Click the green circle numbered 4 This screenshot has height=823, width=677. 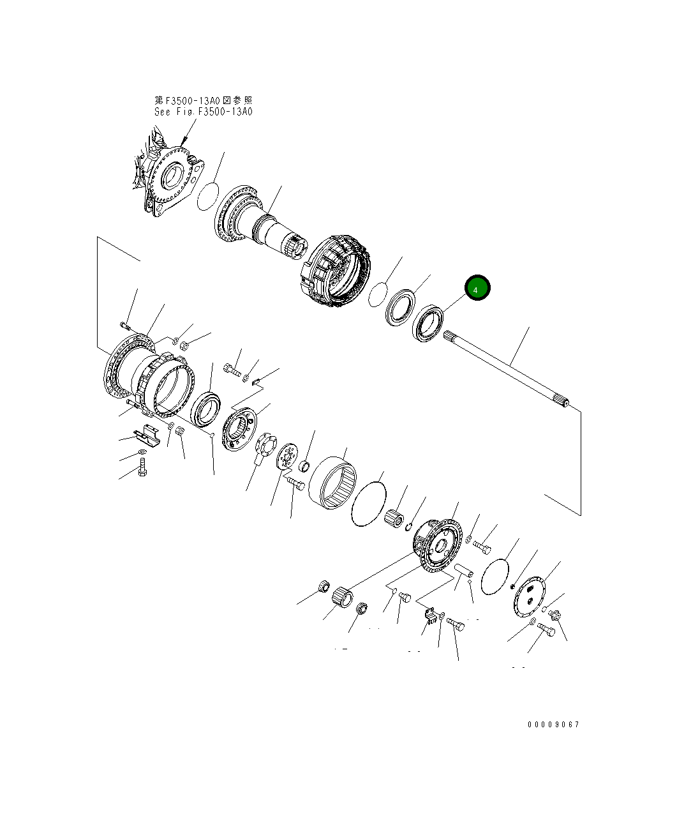[477, 287]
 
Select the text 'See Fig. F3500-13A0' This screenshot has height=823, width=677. [203, 112]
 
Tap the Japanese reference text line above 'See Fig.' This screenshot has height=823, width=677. [203, 101]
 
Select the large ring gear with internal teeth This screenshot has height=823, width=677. [332, 483]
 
